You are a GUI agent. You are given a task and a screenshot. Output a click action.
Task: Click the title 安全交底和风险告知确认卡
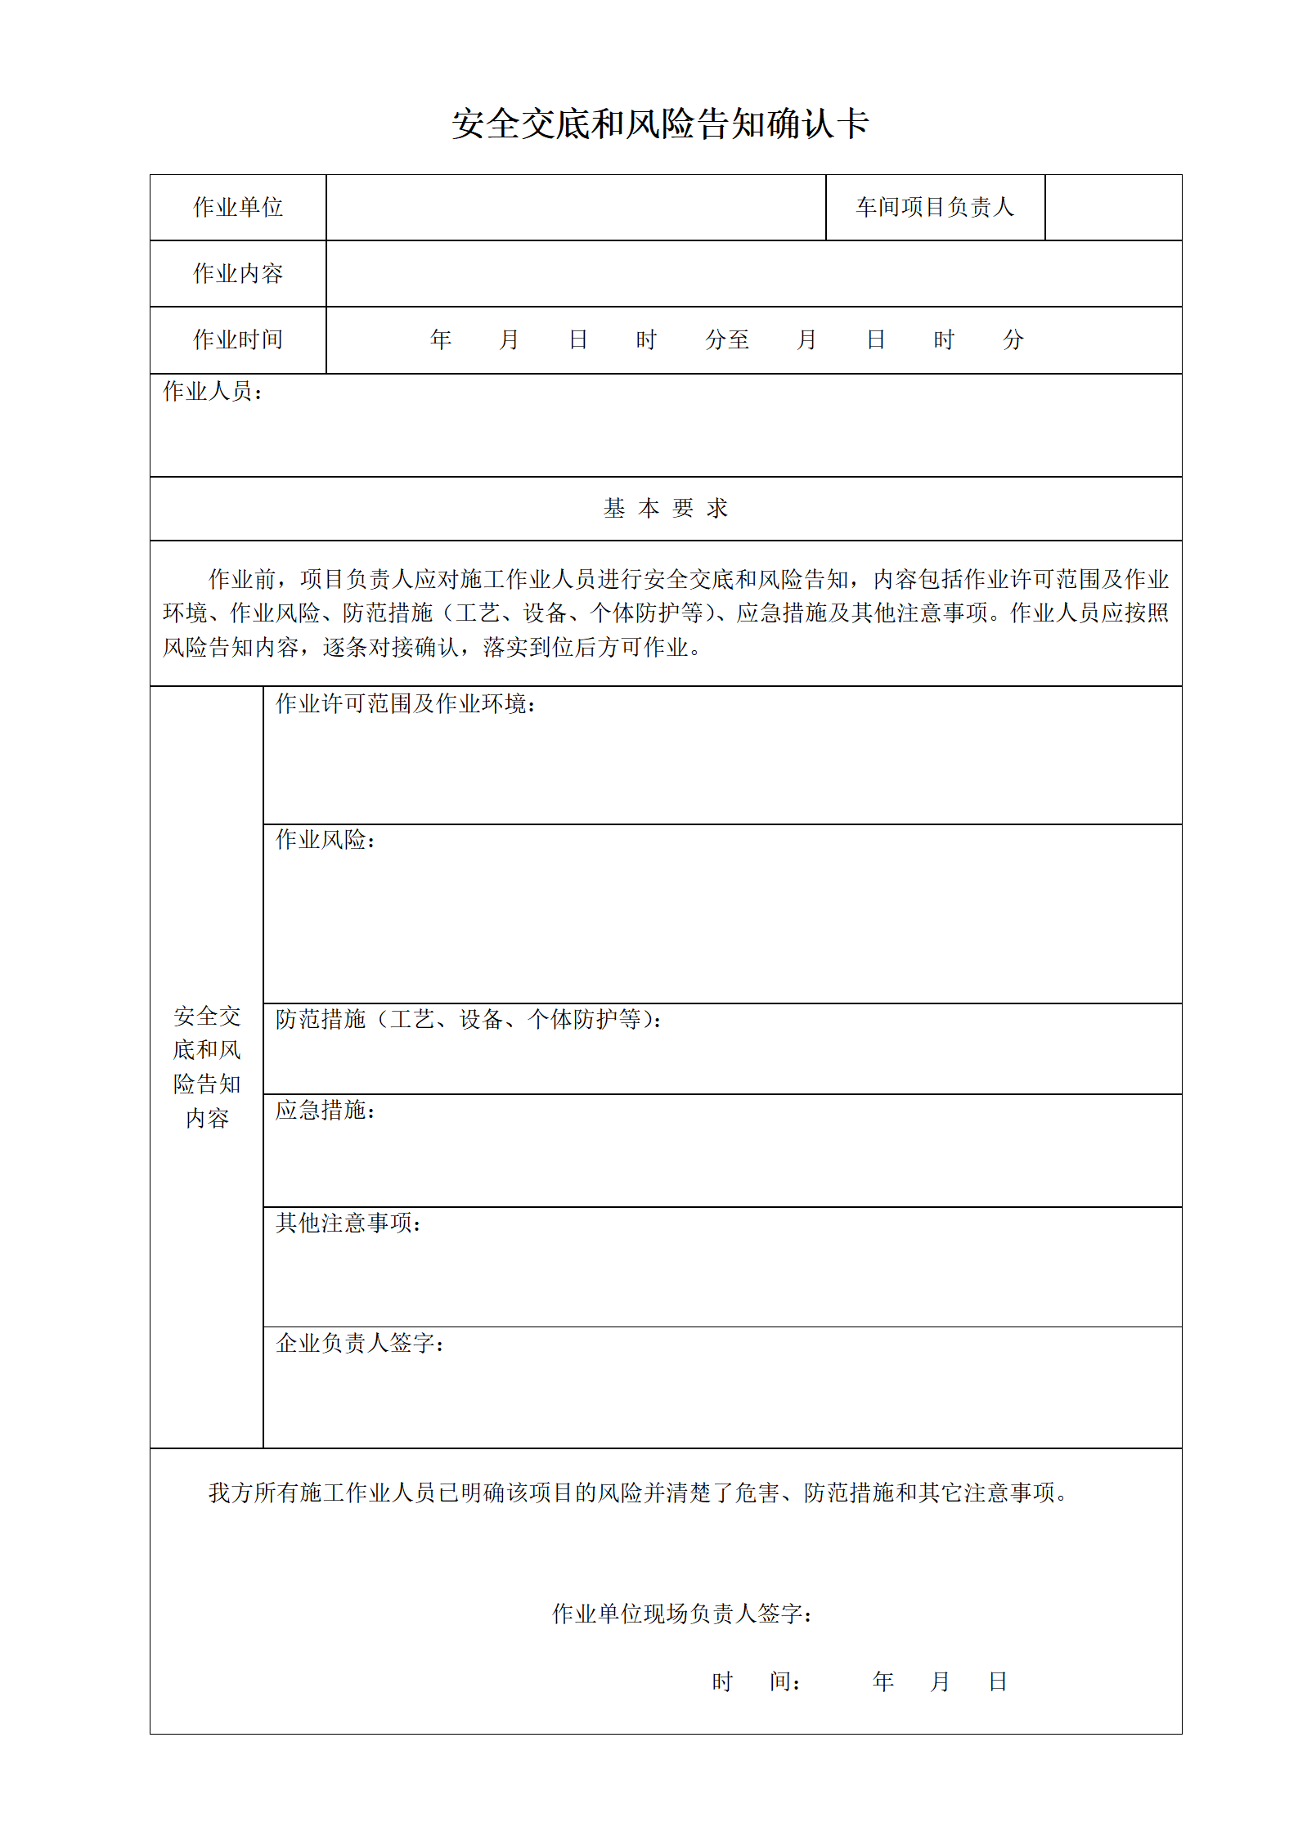tap(659, 124)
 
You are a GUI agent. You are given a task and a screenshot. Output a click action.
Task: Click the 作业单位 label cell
tap(238, 208)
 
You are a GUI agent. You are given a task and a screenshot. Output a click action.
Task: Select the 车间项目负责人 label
tap(935, 208)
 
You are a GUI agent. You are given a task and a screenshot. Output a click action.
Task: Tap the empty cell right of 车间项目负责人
tap(1113, 208)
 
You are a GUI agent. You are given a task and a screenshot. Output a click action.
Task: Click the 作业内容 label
tap(238, 274)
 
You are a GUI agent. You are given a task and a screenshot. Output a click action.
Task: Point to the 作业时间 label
tap(238, 340)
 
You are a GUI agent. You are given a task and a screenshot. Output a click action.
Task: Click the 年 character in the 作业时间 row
tap(441, 340)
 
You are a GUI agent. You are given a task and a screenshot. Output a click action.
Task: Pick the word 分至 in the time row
tap(727, 340)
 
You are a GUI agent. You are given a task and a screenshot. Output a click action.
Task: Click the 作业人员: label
tap(213, 392)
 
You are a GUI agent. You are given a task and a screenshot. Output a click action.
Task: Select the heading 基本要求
tap(665, 509)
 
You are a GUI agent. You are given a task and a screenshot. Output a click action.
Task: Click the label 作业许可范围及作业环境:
tap(406, 704)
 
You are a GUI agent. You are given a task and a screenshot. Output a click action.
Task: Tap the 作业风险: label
tap(326, 840)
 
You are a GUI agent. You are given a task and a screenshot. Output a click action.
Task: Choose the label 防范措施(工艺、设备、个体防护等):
tap(469, 1020)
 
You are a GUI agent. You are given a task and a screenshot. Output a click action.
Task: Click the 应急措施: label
tap(326, 1111)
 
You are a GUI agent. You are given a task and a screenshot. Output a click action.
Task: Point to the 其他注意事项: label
tap(348, 1223)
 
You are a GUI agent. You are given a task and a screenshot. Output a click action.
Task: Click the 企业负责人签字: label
tap(360, 1343)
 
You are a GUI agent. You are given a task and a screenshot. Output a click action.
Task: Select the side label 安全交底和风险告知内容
tap(207, 1067)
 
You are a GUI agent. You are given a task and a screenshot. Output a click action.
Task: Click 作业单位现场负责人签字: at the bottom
tap(682, 1614)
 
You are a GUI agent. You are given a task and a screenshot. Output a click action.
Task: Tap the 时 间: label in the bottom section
tap(756, 1681)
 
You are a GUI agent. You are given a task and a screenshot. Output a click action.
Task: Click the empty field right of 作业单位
tap(576, 208)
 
